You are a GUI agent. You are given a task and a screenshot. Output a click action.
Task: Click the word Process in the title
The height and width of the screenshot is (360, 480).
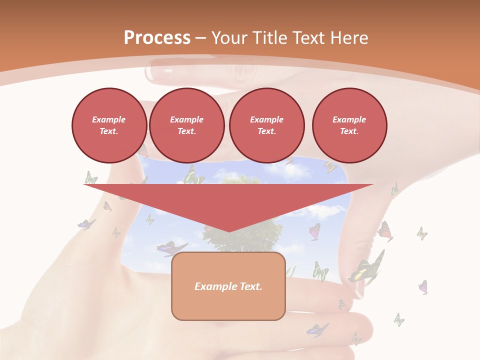coord(157,38)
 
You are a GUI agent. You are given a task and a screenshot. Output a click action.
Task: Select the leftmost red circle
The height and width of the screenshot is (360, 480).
coord(109,125)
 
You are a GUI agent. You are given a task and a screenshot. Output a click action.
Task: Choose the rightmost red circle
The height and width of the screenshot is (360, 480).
coord(349,125)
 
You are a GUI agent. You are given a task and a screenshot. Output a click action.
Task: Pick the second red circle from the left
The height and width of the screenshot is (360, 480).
coord(187,125)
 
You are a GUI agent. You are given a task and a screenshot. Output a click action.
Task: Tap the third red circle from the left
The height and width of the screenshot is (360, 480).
coord(267,125)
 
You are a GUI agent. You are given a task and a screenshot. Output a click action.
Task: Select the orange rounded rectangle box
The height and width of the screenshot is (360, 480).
coord(228,286)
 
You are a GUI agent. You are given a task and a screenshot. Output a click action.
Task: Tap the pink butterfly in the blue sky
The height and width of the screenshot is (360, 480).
coord(314,231)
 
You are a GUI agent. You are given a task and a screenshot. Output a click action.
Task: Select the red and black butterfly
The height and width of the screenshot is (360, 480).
coord(385,231)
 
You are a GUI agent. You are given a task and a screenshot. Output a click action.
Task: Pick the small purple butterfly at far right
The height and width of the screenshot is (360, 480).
coord(423,287)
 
